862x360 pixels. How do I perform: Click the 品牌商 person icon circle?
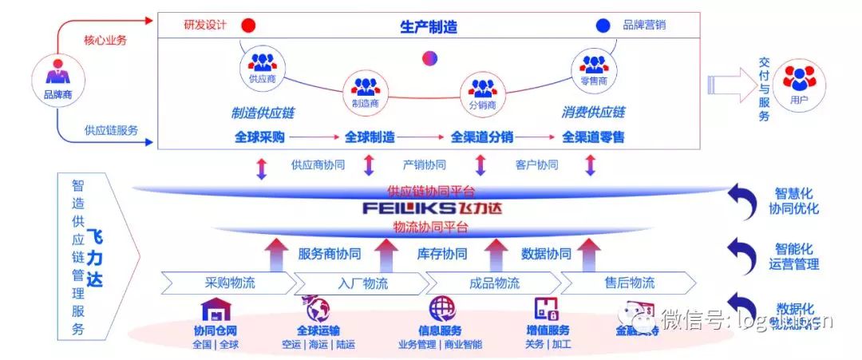click(57, 81)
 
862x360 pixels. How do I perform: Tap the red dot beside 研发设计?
click(248, 26)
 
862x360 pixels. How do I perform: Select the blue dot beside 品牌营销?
click(603, 26)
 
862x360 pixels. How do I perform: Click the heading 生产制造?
click(429, 26)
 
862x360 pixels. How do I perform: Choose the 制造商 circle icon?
click(365, 89)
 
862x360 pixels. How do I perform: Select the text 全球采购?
click(259, 136)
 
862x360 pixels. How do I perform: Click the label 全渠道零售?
click(593, 136)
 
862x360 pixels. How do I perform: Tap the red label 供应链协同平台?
click(431, 191)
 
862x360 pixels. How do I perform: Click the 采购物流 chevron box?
click(224, 283)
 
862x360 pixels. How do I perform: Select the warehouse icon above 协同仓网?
click(215, 308)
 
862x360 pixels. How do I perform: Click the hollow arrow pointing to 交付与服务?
click(731, 85)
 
